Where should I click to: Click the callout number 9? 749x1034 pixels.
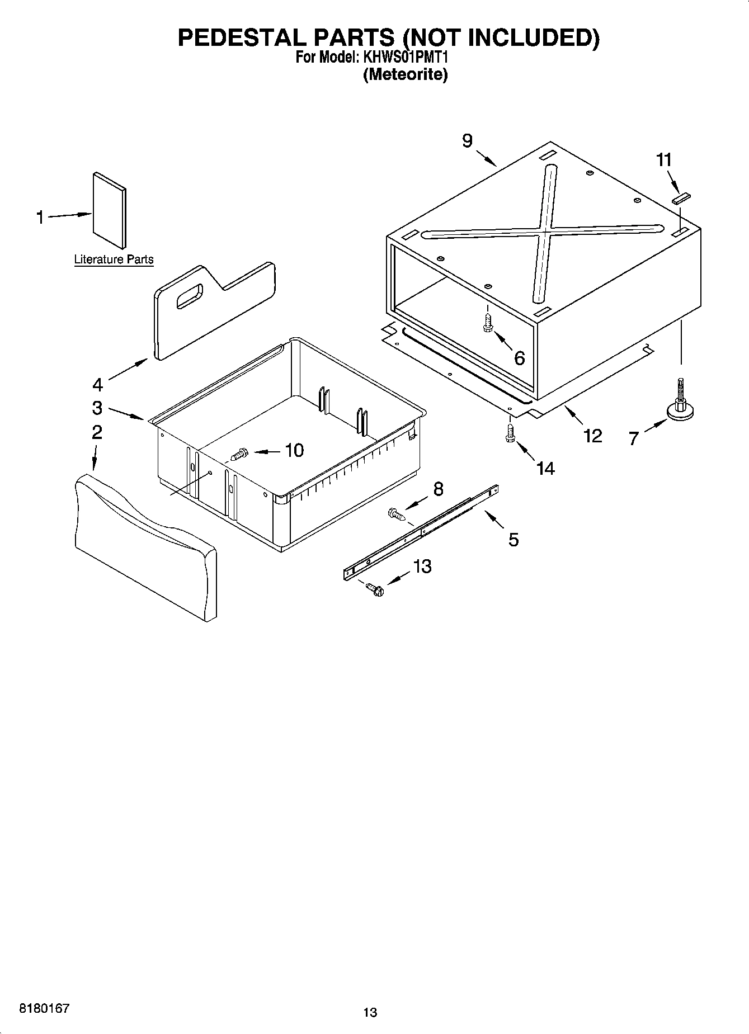pyautogui.click(x=468, y=141)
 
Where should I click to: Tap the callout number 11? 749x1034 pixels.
pyautogui.click(x=663, y=160)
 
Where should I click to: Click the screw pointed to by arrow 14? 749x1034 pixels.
pyautogui.click(x=510, y=433)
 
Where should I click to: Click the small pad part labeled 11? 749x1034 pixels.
pyautogui.click(x=682, y=197)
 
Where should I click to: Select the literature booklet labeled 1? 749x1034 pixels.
pyautogui.click(x=109, y=210)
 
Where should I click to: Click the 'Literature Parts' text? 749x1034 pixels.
pyautogui.click(x=114, y=259)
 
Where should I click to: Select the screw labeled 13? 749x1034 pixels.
pyautogui.click(x=374, y=588)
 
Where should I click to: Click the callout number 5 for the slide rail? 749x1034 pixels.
pyautogui.click(x=514, y=540)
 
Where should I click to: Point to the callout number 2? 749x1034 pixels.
pyautogui.click(x=97, y=432)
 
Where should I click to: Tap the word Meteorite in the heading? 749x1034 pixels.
pyautogui.click(x=406, y=74)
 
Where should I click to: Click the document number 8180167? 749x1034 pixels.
pyautogui.click(x=45, y=1008)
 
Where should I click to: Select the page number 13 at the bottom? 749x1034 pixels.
pyautogui.click(x=370, y=1012)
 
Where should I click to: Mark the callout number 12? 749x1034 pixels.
pyautogui.click(x=592, y=435)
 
